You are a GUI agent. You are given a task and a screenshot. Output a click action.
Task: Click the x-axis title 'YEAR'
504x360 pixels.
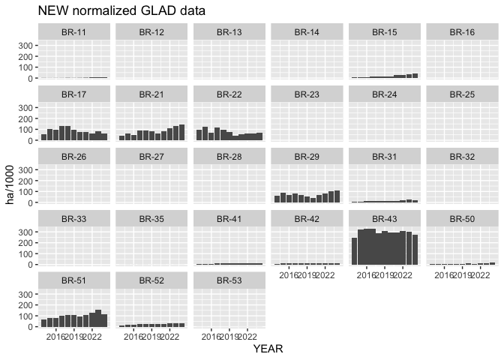(268, 349)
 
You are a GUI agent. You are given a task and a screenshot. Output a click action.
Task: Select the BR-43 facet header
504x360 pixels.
(384, 218)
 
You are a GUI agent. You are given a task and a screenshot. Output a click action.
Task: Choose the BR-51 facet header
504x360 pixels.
(75, 280)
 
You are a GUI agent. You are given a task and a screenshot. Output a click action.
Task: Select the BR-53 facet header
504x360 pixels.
(229, 280)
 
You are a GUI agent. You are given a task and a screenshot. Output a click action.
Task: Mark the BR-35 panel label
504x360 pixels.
(152, 218)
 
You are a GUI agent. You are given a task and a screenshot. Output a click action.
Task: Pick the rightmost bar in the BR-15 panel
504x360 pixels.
(415, 76)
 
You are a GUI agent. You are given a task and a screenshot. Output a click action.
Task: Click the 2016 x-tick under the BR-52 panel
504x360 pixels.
(133, 337)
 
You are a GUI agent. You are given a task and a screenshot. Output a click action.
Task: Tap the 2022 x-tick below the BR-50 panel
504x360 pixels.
(479, 274)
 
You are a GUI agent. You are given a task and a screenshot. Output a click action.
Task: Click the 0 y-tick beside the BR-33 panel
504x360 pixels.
(31, 265)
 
